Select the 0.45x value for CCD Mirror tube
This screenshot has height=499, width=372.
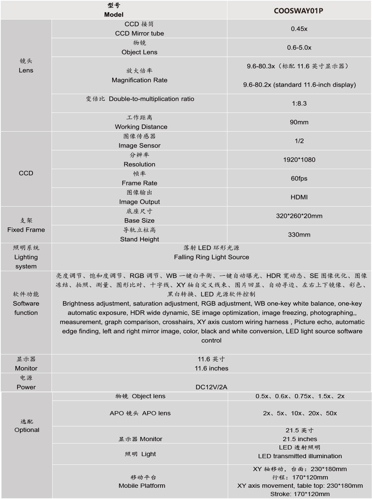click(x=299, y=29)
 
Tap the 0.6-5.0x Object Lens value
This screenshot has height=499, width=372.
click(x=299, y=47)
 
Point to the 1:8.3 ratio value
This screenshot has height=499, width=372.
click(x=299, y=103)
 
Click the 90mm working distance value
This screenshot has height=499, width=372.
click(x=299, y=122)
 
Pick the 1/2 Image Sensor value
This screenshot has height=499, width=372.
click(x=299, y=141)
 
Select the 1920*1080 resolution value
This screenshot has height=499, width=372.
click(x=299, y=160)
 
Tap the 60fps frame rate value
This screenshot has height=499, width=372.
click(x=299, y=178)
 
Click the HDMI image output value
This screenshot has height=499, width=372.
click(x=299, y=197)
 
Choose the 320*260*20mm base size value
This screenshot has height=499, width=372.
click(x=299, y=216)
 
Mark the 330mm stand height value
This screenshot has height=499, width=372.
click(x=299, y=235)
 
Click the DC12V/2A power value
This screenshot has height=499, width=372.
click(x=211, y=387)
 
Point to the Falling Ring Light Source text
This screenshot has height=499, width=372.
click(x=211, y=257)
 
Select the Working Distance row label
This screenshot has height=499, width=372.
click(x=141, y=127)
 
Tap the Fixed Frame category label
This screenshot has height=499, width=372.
click(x=26, y=230)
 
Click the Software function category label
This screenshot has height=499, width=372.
click(x=26, y=308)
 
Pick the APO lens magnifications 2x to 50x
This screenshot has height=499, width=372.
click(x=300, y=413)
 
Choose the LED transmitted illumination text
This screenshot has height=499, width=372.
click(x=300, y=456)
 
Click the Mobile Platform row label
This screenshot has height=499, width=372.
click(x=142, y=485)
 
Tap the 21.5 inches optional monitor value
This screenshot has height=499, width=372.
click(x=300, y=439)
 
